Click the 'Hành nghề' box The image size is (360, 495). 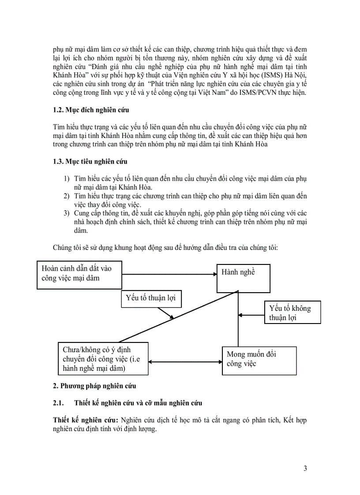238,278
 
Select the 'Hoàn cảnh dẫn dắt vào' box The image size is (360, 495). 79,274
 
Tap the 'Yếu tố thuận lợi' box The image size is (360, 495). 150,299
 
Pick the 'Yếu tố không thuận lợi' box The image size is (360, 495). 292,313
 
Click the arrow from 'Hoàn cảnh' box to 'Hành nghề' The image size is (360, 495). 169,274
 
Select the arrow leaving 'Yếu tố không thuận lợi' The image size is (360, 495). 251,314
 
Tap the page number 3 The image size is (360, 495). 305,468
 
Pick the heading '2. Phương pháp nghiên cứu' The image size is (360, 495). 94,386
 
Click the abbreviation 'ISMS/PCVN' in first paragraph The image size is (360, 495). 244,93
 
